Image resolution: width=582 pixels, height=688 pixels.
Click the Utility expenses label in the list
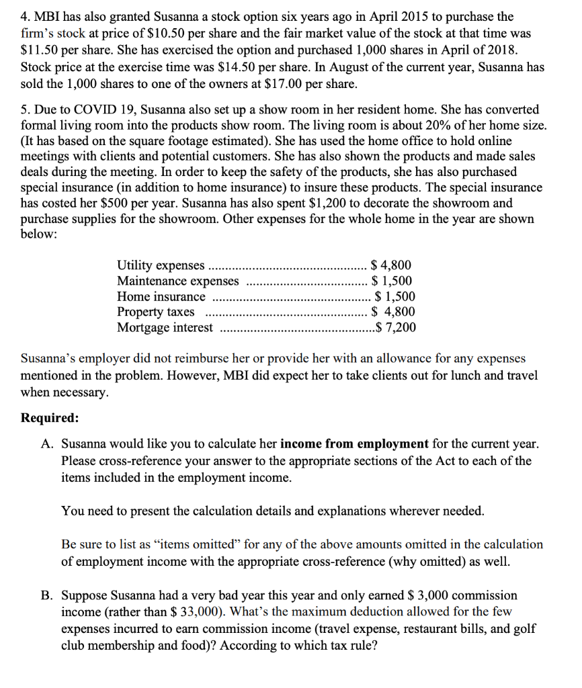click(161, 265)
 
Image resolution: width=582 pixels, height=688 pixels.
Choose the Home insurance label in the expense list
click(161, 296)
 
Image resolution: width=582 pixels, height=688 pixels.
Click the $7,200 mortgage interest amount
click(396, 327)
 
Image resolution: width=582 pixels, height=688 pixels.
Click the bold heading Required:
click(50, 417)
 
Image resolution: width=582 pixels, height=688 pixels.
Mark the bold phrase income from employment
click(354, 444)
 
